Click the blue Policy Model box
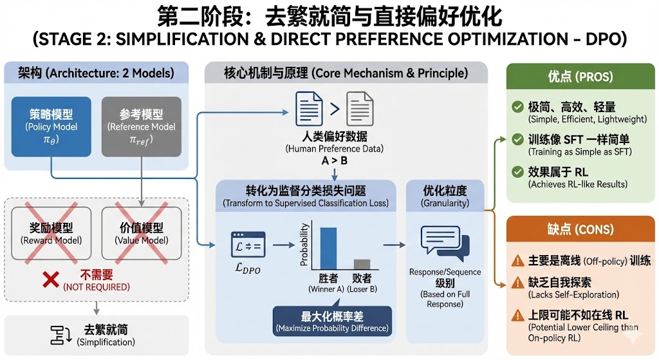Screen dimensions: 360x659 [x=51, y=126]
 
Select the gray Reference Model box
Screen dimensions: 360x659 [x=142, y=126]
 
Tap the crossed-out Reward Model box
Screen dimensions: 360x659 [x=51, y=234]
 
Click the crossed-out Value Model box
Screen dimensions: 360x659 [x=142, y=234]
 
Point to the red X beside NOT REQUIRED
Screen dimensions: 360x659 [x=51, y=280]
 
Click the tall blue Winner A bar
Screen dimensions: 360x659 [x=329, y=248]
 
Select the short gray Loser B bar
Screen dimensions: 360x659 [x=362, y=264]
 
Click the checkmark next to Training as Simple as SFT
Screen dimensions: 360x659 [x=517, y=139]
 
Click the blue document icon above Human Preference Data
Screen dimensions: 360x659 [x=308, y=108]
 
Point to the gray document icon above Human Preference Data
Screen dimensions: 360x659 [x=360, y=108]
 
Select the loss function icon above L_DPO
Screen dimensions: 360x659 [x=248, y=245]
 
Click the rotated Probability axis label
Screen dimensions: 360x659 [x=304, y=245]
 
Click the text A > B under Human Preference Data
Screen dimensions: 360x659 [x=334, y=160]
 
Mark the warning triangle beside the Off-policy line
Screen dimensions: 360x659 [x=517, y=261]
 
